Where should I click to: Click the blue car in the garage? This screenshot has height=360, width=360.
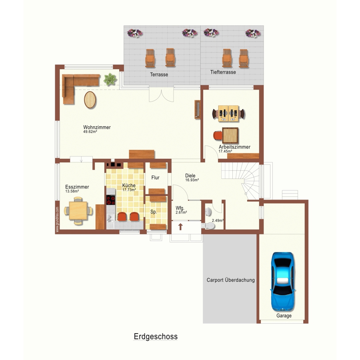(x=282, y=282)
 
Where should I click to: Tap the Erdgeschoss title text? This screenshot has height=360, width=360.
(x=156, y=336)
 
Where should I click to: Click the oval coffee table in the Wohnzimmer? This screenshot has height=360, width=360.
(x=90, y=100)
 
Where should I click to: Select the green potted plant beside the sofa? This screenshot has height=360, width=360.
(x=110, y=79)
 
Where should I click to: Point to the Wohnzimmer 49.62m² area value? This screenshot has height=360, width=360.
(x=90, y=132)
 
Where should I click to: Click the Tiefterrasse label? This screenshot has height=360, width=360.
(x=223, y=72)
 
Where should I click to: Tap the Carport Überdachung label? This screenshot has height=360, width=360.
(x=230, y=280)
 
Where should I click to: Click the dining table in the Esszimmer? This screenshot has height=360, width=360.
(x=78, y=210)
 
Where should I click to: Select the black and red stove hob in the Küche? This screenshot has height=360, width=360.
(x=111, y=200)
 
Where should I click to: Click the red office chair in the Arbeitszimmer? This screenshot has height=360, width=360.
(x=218, y=135)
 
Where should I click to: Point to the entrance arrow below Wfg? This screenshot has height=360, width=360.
(x=180, y=227)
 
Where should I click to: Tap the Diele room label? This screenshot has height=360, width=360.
(x=190, y=176)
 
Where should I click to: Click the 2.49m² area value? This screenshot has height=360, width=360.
(x=218, y=221)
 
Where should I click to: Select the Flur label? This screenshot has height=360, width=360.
(x=155, y=178)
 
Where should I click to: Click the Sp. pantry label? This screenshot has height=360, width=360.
(x=153, y=212)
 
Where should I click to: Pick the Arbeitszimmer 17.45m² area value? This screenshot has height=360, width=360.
(x=225, y=151)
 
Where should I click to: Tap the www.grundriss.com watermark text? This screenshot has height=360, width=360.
(x=57, y=219)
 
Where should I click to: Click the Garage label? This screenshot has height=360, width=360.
(x=284, y=316)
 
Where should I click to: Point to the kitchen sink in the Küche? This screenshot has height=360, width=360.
(x=110, y=218)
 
